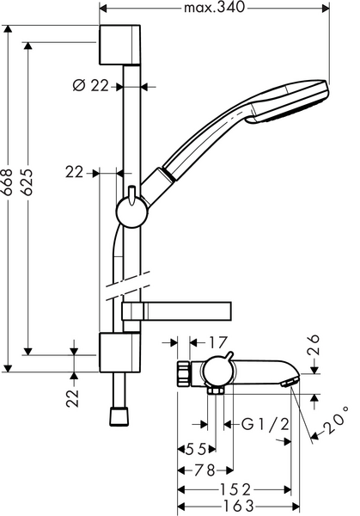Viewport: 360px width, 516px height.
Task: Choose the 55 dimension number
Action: coord(198,449)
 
